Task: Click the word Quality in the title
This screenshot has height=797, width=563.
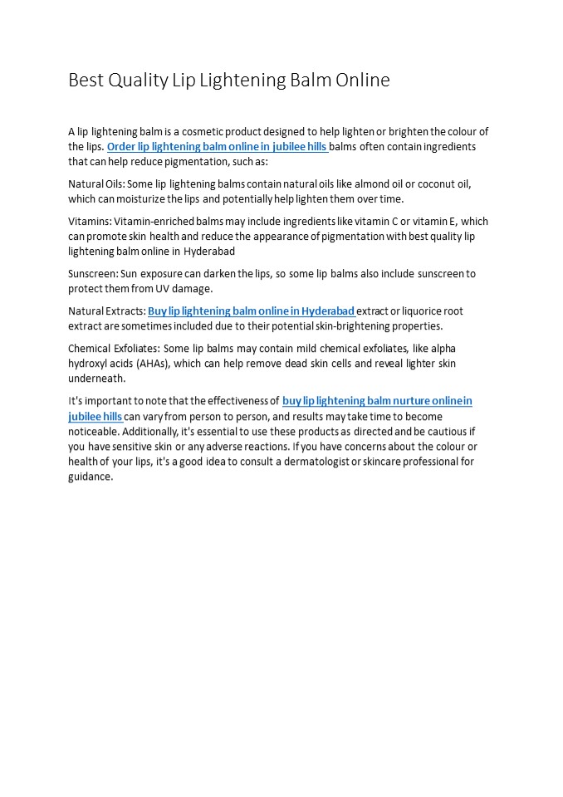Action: pyautogui.click(x=136, y=81)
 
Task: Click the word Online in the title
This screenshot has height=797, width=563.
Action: pyautogui.click(x=362, y=81)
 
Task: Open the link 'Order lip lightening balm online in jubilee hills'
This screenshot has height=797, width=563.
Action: pyautogui.click(x=217, y=147)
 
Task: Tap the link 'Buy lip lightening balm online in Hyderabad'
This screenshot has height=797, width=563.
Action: pyautogui.click(x=251, y=311)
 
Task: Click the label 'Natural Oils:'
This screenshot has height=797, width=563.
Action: pyautogui.click(x=96, y=183)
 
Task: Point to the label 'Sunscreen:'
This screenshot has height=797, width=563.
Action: pyautogui.click(x=93, y=273)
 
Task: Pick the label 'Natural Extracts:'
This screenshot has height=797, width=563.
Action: pyautogui.click(x=106, y=311)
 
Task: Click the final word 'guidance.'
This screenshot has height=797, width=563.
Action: pyautogui.click(x=91, y=477)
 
